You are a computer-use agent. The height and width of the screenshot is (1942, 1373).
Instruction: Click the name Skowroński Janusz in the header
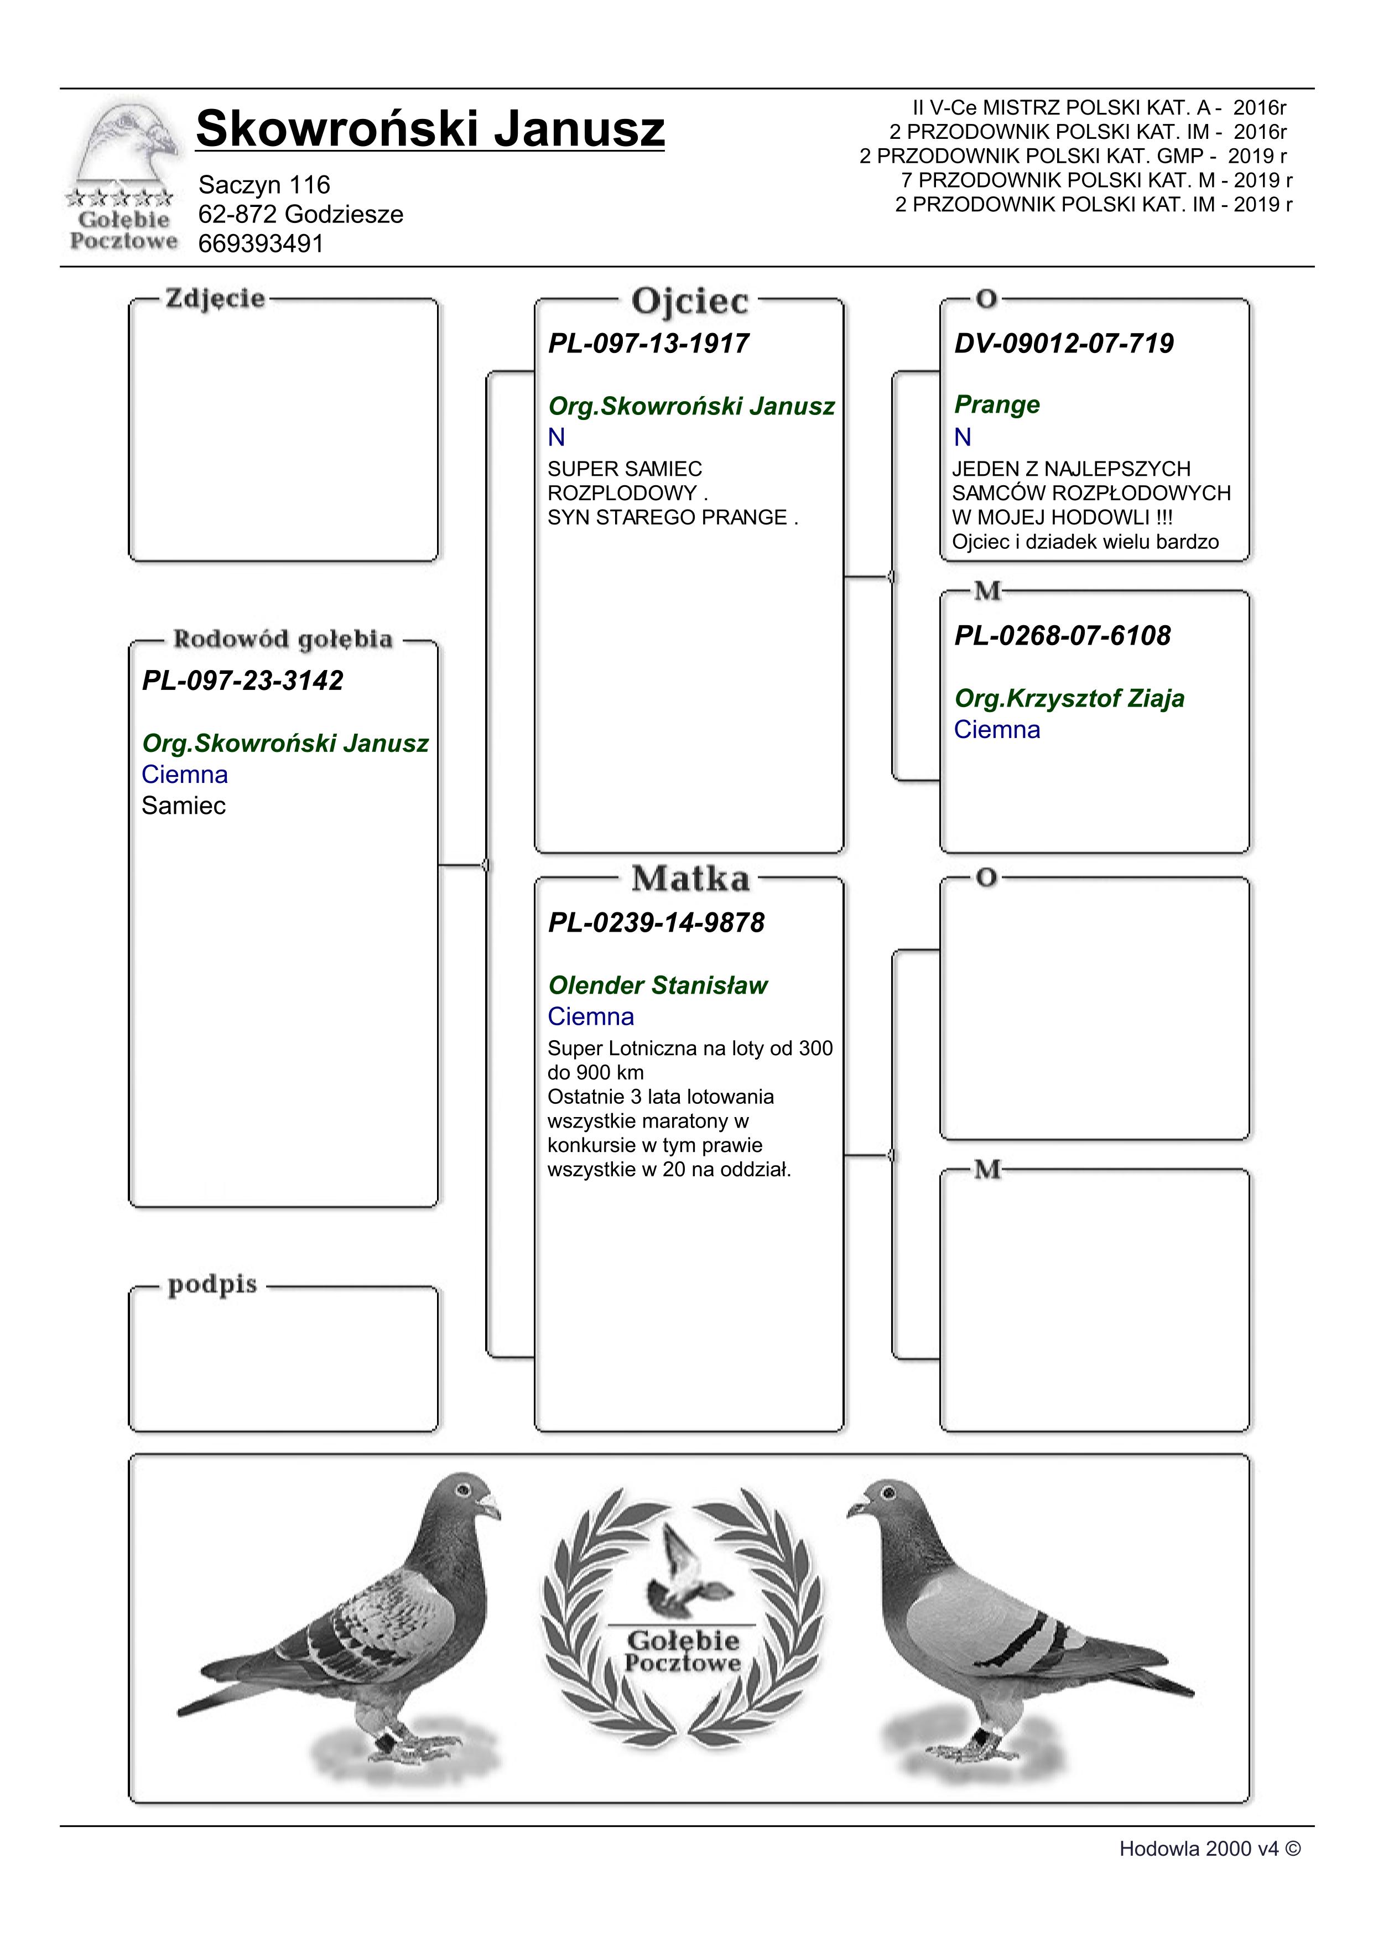point(429,129)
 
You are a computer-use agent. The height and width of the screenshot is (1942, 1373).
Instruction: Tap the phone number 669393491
point(261,243)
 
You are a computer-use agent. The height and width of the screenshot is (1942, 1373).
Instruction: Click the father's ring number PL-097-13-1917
point(648,344)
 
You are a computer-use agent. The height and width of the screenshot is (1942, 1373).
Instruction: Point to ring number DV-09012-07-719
point(1064,344)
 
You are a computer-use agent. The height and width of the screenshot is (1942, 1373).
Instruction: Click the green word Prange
point(997,404)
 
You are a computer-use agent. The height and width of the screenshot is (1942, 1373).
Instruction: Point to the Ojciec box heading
point(690,301)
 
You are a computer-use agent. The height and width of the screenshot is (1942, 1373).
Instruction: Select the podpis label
point(212,1284)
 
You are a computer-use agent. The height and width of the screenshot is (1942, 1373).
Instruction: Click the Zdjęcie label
point(215,299)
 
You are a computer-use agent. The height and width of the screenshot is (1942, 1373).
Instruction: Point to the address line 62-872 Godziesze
point(300,214)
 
